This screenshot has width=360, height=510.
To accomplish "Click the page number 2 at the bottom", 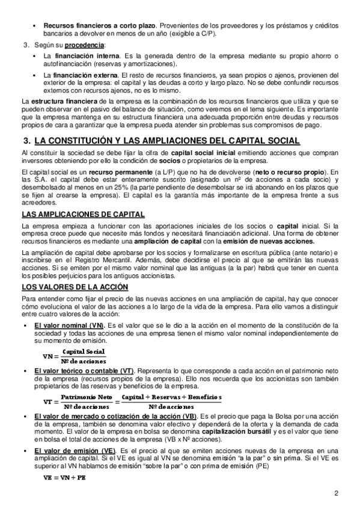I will click(x=337, y=494).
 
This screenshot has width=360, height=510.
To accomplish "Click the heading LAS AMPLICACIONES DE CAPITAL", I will click(x=83, y=214).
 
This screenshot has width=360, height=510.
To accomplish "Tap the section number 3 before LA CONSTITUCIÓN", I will click(x=26, y=141).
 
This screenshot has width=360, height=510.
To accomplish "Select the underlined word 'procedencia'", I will click(x=82, y=45).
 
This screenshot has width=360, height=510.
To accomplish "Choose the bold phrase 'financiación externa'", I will click(x=81, y=75).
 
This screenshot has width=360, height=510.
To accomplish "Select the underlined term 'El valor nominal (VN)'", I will click(x=69, y=325).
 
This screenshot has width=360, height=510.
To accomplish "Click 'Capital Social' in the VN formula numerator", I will click(x=84, y=351).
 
